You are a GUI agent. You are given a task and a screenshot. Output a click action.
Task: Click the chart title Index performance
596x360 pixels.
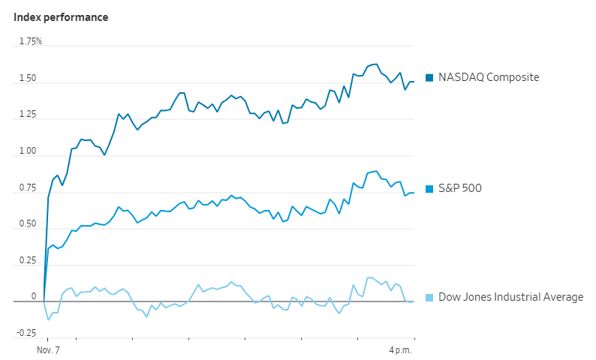61,16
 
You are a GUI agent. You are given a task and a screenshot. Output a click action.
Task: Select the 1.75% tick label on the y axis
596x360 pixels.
31,41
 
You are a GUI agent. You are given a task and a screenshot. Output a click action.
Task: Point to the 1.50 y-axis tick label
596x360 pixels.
27,78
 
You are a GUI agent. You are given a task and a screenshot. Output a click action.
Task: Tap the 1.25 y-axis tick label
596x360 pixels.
27,115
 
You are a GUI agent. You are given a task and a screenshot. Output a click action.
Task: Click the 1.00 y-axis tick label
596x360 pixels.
27,151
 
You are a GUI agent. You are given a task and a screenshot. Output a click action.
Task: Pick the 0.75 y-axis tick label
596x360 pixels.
27,188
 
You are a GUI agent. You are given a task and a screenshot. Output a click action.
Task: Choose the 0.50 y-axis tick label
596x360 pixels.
27,224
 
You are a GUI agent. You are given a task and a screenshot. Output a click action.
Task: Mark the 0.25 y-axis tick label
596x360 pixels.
27,261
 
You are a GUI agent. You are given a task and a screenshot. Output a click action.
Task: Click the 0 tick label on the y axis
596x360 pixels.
33,297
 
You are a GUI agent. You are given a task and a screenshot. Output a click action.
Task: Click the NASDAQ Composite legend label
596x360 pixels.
489,77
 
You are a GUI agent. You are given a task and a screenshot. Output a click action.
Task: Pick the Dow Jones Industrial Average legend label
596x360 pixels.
510,297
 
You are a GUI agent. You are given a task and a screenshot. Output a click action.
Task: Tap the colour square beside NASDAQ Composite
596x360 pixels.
429,77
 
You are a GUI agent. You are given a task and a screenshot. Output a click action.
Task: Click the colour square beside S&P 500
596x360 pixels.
429,188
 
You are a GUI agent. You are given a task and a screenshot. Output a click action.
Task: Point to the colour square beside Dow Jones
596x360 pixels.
429,297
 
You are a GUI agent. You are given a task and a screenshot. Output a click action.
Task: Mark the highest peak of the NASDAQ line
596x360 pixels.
376,64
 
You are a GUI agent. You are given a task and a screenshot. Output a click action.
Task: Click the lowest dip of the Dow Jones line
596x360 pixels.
49,320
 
